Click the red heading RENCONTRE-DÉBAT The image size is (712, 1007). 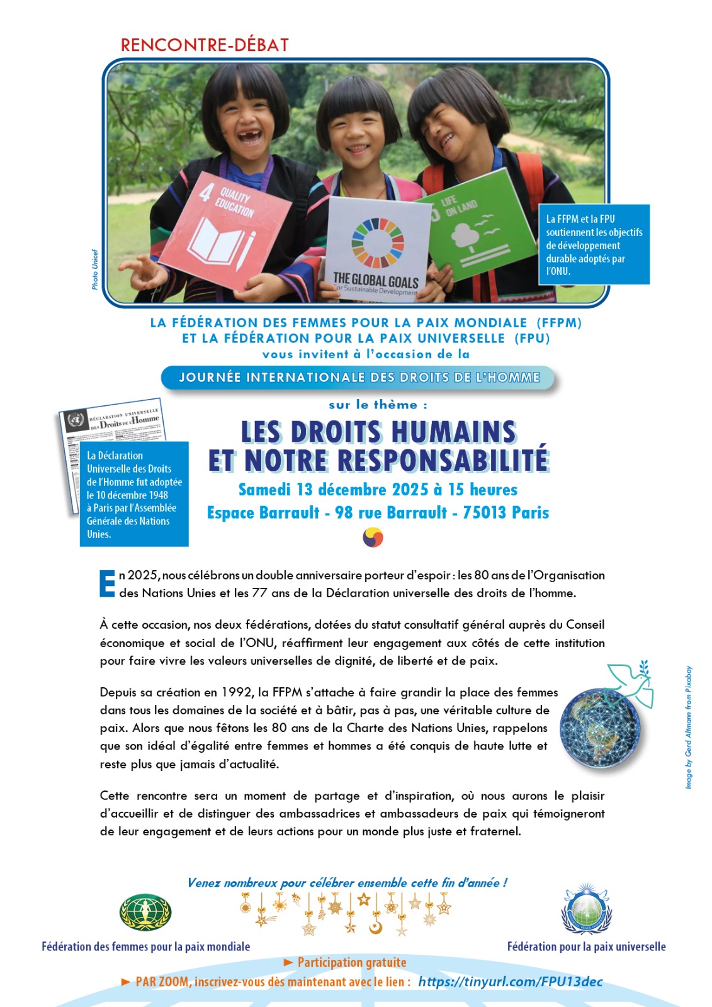point(205,45)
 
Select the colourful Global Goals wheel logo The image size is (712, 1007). point(377,242)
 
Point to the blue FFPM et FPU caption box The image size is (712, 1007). point(594,245)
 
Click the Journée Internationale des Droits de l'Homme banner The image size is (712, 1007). point(359,378)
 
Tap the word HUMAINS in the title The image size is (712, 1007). point(453,432)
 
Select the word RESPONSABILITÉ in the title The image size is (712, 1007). point(443,461)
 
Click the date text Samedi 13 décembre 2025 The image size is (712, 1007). point(333,490)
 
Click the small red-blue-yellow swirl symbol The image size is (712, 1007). point(373,537)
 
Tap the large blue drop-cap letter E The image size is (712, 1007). point(108,583)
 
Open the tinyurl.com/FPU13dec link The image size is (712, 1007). point(511,982)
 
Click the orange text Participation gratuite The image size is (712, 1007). point(351,962)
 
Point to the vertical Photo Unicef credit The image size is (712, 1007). point(95,269)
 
